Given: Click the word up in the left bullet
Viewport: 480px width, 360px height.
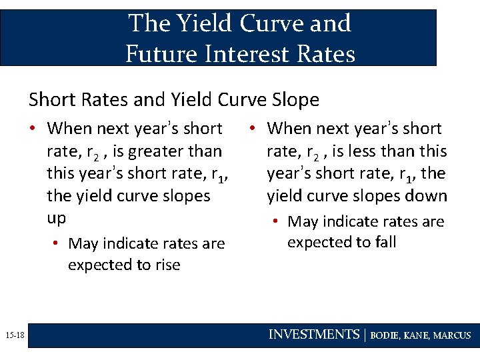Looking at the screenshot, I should tap(57, 219).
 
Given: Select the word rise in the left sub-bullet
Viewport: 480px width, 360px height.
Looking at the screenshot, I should tap(167, 265).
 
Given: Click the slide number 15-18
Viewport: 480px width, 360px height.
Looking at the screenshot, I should tap(13, 335).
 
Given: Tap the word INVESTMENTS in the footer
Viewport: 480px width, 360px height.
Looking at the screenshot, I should tap(313, 335).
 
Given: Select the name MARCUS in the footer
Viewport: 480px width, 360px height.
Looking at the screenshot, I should tap(452, 335).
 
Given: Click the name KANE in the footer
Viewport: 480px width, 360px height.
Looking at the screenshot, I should tap(418, 335).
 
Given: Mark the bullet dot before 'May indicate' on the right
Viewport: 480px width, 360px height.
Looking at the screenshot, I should tap(278, 221).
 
